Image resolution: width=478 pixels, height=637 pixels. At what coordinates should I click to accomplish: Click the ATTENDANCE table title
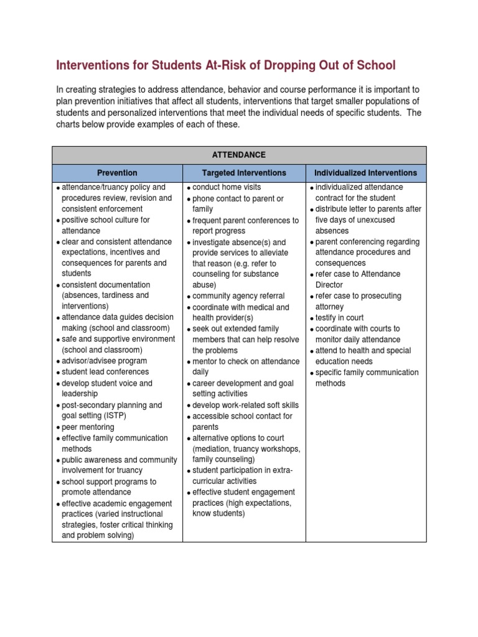[239, 154]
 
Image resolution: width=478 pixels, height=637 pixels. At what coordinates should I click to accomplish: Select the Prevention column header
[117, 173]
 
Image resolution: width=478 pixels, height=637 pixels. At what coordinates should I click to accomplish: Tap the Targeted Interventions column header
[244, 173]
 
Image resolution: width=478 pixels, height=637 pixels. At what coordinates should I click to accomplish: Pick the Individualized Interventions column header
[366, 173]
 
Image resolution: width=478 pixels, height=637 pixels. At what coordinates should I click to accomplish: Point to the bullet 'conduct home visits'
[227, 187]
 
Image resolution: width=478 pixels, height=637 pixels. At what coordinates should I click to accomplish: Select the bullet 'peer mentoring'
[88, 427]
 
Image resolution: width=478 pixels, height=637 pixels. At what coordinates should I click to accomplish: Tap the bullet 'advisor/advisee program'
[104, 361]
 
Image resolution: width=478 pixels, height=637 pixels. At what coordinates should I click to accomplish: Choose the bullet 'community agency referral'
[238, 296]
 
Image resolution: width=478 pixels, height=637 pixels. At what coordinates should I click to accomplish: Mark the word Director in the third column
[329, 285]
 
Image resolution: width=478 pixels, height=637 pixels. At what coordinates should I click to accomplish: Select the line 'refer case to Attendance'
[358, 274]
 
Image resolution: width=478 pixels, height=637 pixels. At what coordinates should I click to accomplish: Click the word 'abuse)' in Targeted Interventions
[204, 285]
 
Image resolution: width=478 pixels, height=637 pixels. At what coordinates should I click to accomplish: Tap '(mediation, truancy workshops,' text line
[246, 449]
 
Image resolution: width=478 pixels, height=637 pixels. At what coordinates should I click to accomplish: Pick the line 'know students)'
[219, 514]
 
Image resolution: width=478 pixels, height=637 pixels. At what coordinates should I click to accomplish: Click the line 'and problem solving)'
[98, 535]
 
